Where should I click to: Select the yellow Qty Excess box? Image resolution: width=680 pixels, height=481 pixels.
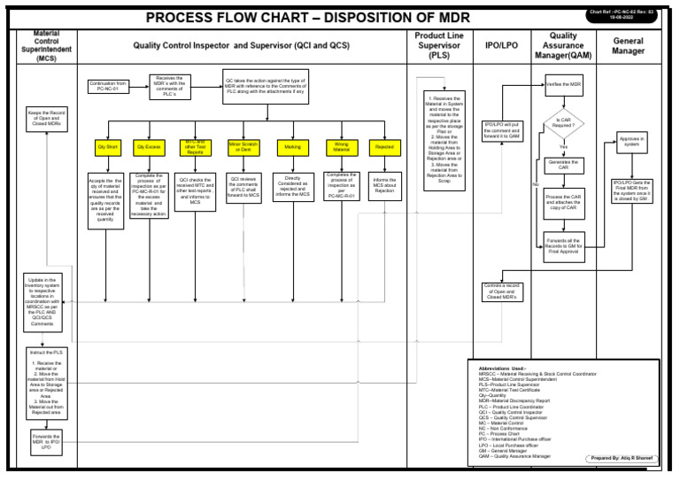click(x=148, y=146)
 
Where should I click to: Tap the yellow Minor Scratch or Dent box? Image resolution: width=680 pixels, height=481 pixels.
click(x=244, y=146)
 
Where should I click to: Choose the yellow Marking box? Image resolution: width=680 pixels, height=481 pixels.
click(x=293, y=146)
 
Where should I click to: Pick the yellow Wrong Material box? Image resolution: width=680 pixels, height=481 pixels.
click(x=341, y=146)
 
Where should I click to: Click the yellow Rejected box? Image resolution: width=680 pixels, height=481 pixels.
click(x=383, y=146)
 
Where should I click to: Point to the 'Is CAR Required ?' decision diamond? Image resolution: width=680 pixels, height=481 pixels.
click(x=564, y=123)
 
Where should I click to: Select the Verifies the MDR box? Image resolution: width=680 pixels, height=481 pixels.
click(x=564, y=85)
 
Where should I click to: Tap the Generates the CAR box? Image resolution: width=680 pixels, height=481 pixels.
click(x=564, y=166)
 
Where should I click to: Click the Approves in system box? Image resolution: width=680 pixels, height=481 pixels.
click(x=630, y=143)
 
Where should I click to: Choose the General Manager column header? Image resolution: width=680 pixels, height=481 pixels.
click(x=629, y=46)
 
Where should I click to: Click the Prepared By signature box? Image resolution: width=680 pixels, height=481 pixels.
click(x=622, y=458)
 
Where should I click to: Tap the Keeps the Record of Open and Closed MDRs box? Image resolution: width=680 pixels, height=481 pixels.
click(x=43, y=119)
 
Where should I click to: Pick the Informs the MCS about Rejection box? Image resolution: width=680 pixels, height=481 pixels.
click(x=384, y=185)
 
